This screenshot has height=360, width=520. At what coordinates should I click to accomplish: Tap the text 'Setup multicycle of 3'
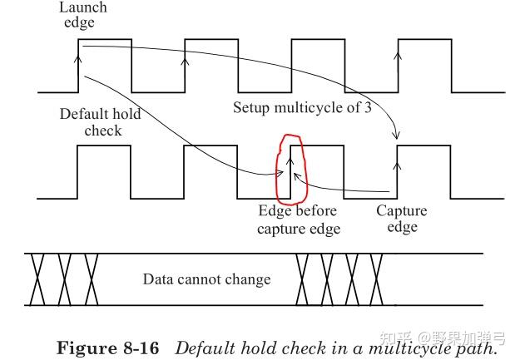pyautogui.click(x=301, y=108)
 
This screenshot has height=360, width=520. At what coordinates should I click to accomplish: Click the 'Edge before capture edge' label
pyautogui.click(x=299, y=220)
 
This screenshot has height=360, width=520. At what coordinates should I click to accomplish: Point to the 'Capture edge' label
pyautogui.click(x=401, y=219)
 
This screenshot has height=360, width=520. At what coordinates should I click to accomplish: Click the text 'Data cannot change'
pyautogui.click(x=206, y=279)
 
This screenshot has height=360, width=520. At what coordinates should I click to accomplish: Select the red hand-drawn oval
pyautogui.click(x=292, y=169)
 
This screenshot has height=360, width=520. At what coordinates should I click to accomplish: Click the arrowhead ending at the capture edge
pyautogui.click(x=398, y=135)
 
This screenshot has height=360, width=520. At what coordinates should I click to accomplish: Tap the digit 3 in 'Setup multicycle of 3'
pyautogui.click(x=367, y=108)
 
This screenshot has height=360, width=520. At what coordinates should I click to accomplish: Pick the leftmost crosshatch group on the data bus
pyautogui.click(x=63, y=279)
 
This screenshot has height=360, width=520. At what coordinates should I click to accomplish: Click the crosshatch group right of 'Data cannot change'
pyautogui.click(x=340, y=279)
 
